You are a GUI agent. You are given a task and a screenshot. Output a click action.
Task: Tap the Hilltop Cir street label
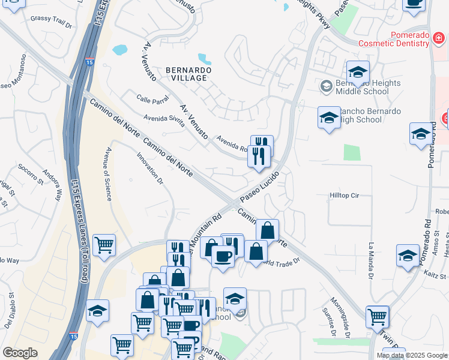344,196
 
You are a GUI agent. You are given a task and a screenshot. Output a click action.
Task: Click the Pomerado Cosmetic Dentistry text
394,39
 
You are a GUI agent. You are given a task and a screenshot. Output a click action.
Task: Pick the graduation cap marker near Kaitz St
408,254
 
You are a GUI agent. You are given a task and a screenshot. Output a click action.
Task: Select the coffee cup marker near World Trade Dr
223,256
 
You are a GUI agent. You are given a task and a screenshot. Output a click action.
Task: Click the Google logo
20,353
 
